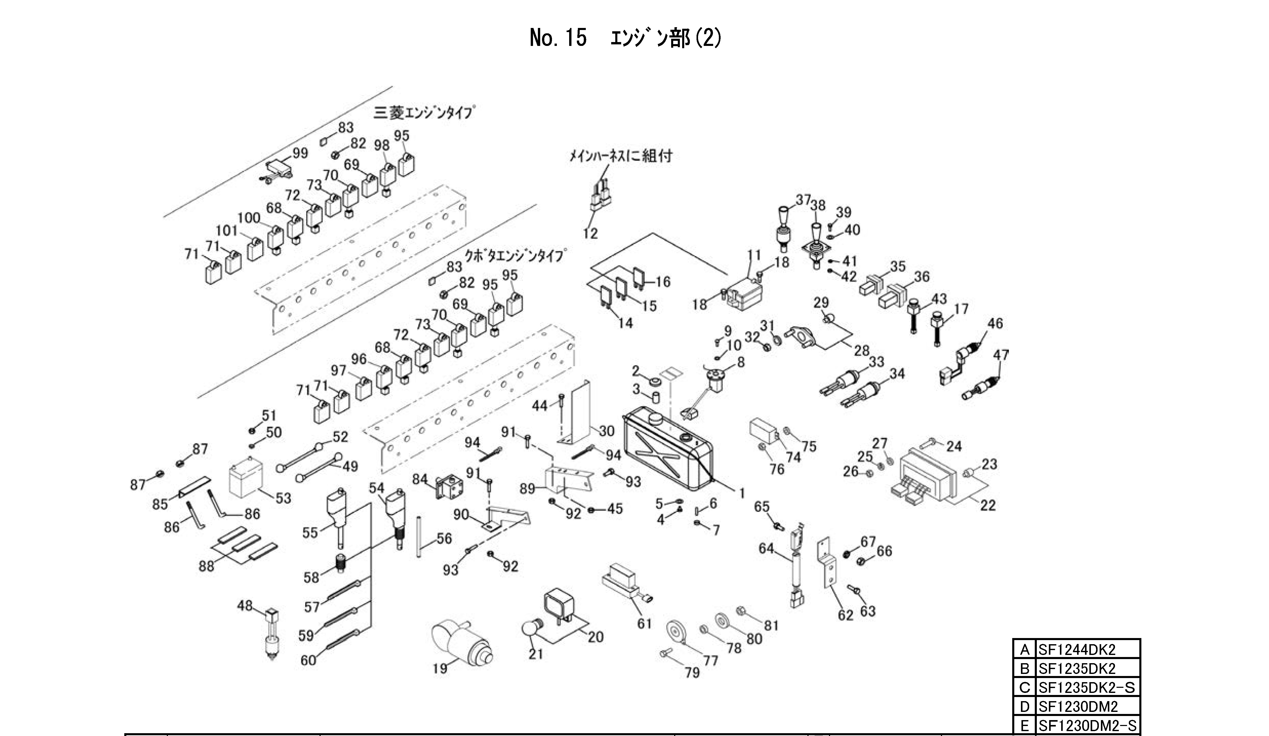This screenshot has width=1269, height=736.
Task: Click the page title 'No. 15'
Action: coord(558,38)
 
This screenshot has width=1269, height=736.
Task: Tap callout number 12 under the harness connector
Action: coord(590,233)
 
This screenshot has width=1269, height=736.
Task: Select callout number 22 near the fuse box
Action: coord(988,505)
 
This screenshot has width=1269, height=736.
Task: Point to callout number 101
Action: coord(227,231)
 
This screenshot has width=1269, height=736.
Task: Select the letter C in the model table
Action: coord(1024,688)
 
